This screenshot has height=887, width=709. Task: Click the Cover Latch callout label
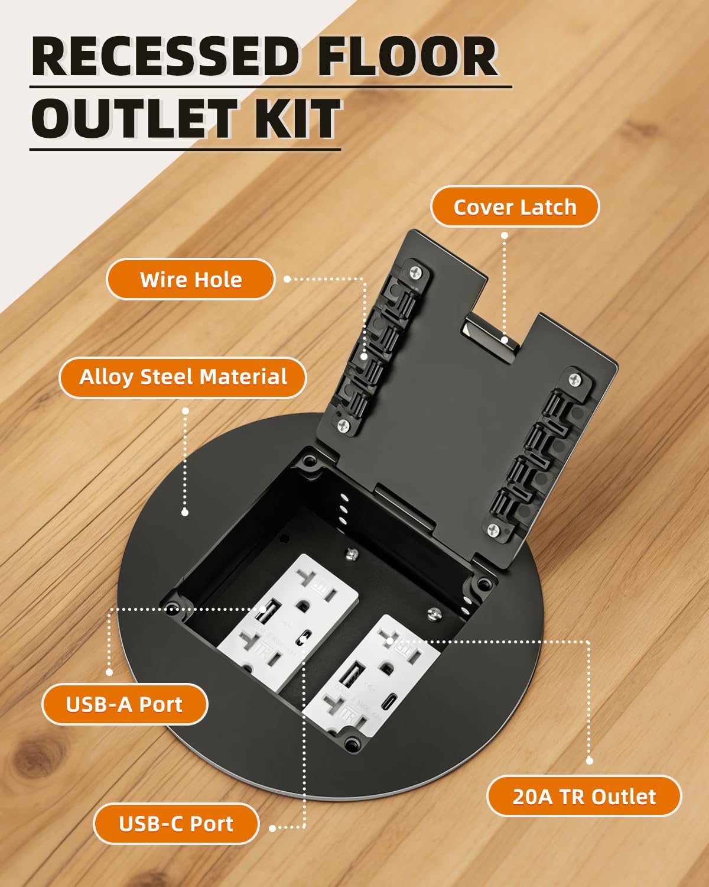(x=515, y=207)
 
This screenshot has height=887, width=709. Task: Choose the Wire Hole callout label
(x=190, y=280)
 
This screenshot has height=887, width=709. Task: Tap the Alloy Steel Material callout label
(x=183, y=377)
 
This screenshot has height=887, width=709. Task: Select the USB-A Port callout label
(x=124, y=704)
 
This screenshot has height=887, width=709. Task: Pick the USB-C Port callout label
(x=175, y=824)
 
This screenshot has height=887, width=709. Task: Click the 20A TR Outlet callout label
(x=584, y=797)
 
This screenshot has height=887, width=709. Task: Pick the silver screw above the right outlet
(x=435, y=615)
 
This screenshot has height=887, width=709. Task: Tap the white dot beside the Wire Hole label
(x=287, y=279)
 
